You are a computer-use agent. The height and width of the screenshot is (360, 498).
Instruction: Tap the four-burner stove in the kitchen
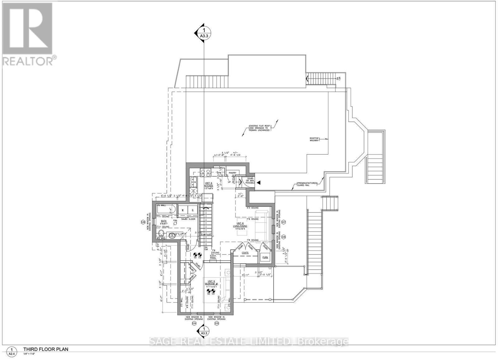(205, 173)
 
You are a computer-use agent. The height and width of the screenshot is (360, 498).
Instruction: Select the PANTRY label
(233, 173)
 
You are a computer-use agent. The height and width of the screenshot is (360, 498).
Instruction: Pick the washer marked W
(183, 210)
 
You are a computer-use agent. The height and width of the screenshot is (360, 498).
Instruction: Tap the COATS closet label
(245, 253)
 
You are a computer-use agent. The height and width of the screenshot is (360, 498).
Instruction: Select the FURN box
(265, 258)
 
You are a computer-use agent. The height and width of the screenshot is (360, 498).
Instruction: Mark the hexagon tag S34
(194, 324)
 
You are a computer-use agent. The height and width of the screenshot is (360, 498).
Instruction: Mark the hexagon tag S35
(217, 324)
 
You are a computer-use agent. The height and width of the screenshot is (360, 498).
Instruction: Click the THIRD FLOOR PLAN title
(46, 349)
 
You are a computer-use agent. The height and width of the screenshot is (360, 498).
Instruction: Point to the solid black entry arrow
(258, 183)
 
